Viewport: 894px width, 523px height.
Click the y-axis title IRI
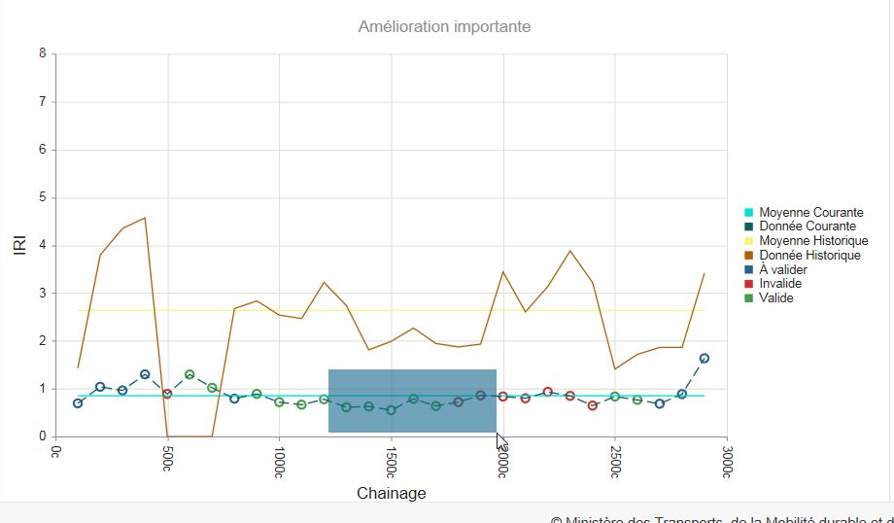[19, 245]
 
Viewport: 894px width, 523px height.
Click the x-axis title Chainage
[391, 493]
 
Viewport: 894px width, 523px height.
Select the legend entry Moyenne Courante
[810, 213]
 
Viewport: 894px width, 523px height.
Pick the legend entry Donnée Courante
[808, 227]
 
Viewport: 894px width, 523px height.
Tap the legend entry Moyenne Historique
[813, 241]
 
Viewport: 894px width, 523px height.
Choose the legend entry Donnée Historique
[809, 256]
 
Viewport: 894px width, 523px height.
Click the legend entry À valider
[783, 269]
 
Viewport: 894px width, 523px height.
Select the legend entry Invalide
[781, 284]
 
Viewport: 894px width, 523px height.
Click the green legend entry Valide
[776, 298]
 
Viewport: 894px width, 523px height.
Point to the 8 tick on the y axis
[42, 54]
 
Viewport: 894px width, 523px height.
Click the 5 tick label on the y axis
[42, 197]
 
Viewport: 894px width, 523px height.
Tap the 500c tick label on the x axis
[168, 456]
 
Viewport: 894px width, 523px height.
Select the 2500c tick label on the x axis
[615, 459]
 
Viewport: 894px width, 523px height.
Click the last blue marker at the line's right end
[705, 359]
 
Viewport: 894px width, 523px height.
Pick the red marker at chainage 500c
[167, 394]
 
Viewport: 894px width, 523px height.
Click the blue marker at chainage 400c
[145, 374]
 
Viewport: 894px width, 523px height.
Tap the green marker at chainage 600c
[189, 374]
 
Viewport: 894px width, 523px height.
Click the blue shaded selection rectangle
[412, 401]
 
